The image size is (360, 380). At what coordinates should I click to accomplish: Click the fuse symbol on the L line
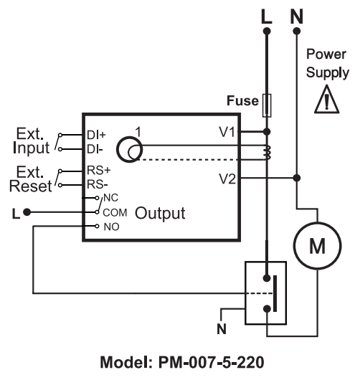(x=267, y=105)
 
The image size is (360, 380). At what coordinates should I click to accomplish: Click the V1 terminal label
(x=227, y=133)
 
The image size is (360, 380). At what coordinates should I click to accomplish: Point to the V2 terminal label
(x=227, y=179)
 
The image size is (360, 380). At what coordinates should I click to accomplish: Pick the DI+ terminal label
(x=96, y=135)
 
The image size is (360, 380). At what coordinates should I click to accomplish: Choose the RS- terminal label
(x=98, y=184)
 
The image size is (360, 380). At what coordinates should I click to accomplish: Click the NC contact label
(x=110, y=198)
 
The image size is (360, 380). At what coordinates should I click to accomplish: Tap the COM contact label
(x=115, y=213)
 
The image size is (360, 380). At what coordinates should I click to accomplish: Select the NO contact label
(x=112, y=227)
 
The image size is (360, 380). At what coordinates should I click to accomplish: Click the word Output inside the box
(x=160, y=213)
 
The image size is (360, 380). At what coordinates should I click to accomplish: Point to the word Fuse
(x=242, y=100)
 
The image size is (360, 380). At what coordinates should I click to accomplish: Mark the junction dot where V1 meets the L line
(x=267, y=132)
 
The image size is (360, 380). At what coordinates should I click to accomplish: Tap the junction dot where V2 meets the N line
(x=297, y=178)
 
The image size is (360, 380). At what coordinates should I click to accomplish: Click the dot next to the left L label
(x=27, y=212)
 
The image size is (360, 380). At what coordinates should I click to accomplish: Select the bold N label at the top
(x=297, y=16)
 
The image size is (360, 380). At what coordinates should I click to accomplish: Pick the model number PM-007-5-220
(x=211, y=363)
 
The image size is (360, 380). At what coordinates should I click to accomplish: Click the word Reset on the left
(x=31, y=186)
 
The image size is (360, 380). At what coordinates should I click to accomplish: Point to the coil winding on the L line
(x=267, y=153)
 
